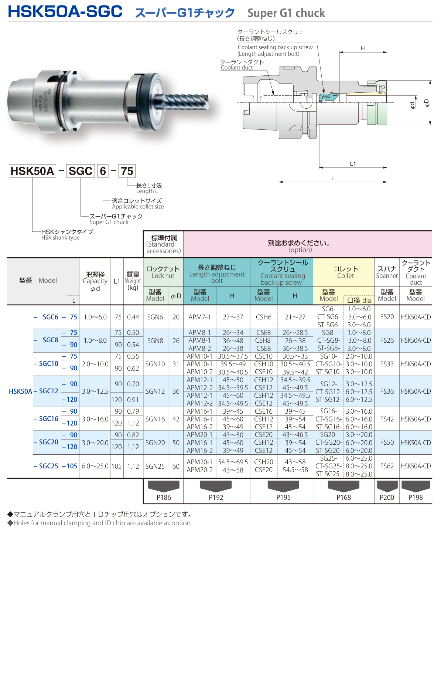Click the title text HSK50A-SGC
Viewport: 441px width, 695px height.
[x=65, y=11]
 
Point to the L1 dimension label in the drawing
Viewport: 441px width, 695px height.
[x=353, y=163]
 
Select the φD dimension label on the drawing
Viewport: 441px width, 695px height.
[x=427, y=103]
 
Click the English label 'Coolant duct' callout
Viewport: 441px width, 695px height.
[x=237, y=68]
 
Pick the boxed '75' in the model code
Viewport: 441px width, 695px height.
[x=127, y=171]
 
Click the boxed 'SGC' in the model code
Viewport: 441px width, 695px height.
[x=81, y=171]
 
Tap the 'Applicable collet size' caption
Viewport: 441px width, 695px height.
[x=138, y=207]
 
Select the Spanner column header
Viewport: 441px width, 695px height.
[x=387, y=272]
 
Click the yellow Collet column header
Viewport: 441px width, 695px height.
[x=345, y=272]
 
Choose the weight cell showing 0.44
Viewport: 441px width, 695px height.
[x=133, y=317]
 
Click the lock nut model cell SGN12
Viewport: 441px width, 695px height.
[x=155, y=391]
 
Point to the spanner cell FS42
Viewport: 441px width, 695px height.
[x=387, y=419]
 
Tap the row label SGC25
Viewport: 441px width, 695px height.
[x=49, y=466]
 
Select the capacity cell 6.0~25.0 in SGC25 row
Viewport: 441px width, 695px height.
[x=95, y=466]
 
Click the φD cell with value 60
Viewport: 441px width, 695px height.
[x=176, y=466]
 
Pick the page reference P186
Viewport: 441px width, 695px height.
[x=164, y=497]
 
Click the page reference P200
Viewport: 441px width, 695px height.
[x=387, y=497]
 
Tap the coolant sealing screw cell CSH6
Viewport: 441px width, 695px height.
[x=263, y=317]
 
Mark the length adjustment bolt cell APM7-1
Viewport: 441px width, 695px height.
[x=199, y=317]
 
